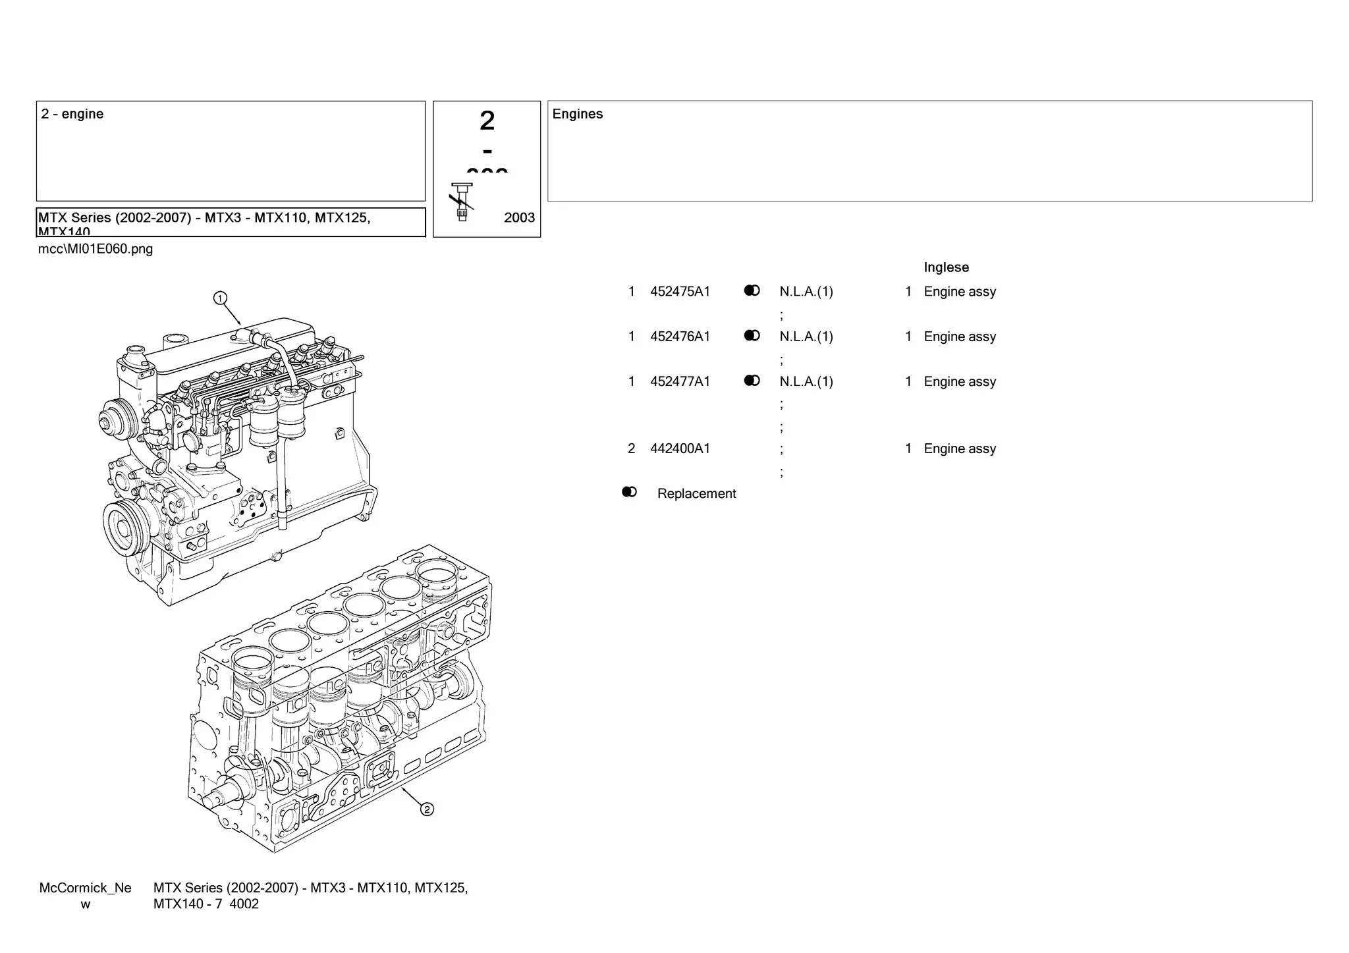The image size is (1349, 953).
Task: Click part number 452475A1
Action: (680, 292)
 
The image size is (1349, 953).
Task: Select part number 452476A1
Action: (680, 337)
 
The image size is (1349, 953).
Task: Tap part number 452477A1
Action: (680, 381)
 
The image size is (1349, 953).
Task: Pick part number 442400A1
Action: (680, 449)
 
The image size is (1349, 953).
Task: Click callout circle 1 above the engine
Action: (220, 298)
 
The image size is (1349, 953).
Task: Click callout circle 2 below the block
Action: (427, 809)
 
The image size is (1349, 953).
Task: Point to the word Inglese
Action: (946, 267)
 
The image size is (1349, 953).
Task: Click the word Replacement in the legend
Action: (696, 494)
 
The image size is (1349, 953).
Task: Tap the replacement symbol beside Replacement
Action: (629, 493)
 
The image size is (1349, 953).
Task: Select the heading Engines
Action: (577, 114)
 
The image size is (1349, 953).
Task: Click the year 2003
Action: (519, 218)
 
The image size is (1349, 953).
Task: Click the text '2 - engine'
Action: (72, 114)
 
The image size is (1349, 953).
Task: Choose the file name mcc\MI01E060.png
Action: (96, 249)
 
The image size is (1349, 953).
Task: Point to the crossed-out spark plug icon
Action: (462, 201)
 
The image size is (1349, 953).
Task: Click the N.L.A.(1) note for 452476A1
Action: (806, 337)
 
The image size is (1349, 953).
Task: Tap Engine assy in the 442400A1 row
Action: (959, 449)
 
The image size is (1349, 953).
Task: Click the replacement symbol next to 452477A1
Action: (752, 381)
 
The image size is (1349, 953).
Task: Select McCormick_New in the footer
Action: (85, 895)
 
